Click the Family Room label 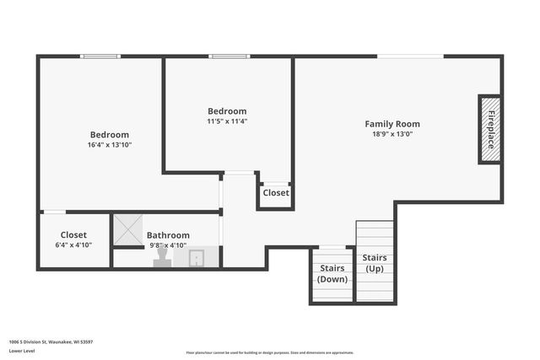click(x=391, y=124)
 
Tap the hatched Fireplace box click(x=490, y=129)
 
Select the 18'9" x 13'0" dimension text click(x=391, y=134)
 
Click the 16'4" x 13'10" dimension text click(x=110, y=145)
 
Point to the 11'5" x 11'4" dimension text click(x=227, y=121)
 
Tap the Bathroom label click(x=168, y=235)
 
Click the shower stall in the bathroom click(x=128, y=228)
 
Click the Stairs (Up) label click(x=375, y=262)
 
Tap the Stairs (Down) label click(x=332, y=273)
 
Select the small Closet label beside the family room click(x=275, y=193)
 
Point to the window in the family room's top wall click(x=410, y=56)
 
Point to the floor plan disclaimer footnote click(x=270, y=352)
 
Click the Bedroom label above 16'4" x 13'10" click(x=110, y=135)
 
